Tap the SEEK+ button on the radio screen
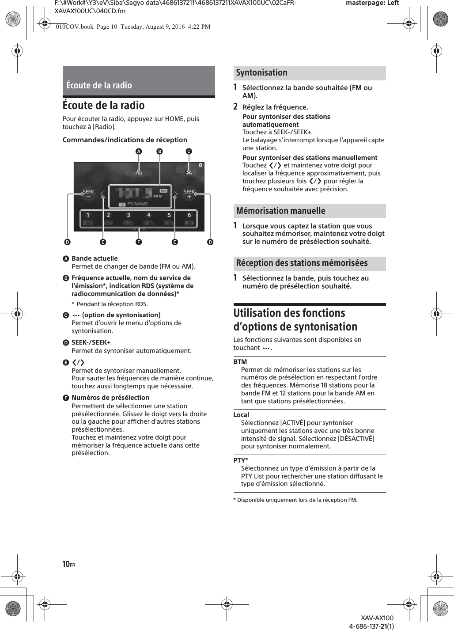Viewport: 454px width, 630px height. click(x=189, y=194)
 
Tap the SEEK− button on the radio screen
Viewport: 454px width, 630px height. click(x=88, y=194)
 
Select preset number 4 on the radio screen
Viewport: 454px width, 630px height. click(x=149, y=215)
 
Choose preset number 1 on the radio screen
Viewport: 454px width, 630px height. click(x=88, y=215)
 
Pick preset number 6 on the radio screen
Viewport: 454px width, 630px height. click(x=189, y=215)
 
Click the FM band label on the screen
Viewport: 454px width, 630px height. click(x=139, y=174)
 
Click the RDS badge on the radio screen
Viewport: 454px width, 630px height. click(x=163, y=190)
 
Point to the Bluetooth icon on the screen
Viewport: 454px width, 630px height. click(x=200, y=165)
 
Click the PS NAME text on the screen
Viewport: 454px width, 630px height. click(x=137, y=204)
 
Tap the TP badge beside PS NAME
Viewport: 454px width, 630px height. click(x=122, y=205)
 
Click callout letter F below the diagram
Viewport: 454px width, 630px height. click(x=139, y=243)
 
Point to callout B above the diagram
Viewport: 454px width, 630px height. click(x=160, y=151)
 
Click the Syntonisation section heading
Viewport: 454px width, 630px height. click(x=261, y=73)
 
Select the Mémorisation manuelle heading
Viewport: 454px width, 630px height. click(x=280, y=211)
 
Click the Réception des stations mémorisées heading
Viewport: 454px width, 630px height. click(x=302, y=263)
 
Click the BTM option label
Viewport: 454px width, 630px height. click(x=240, y=362)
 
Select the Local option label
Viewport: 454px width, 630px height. click(x=241, y=415)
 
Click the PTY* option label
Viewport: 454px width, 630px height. click(x=241, y=460)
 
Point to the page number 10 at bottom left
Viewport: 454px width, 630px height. click(x=66, y=564)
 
